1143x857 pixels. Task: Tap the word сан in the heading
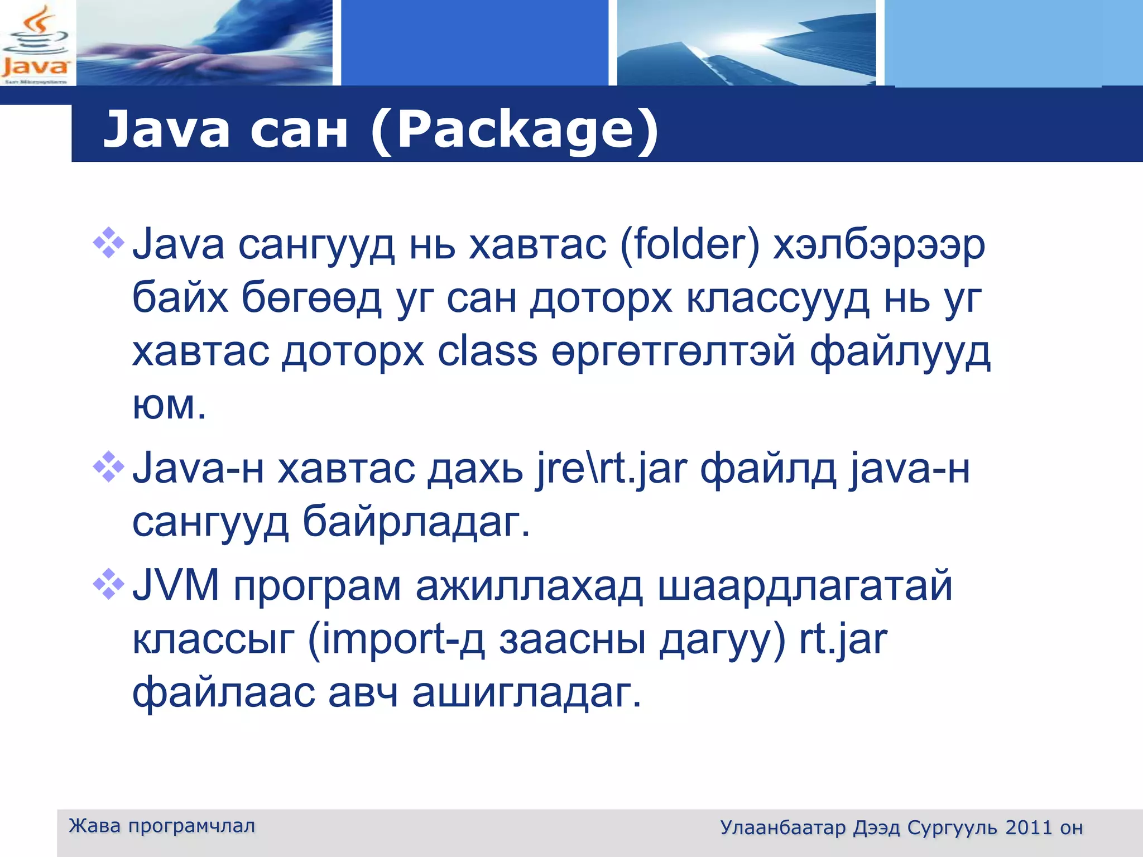tap(299, 129)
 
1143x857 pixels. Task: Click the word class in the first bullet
tap(487, 352)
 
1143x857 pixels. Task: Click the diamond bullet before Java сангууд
tap(108, 243)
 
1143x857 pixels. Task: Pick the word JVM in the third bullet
tap(176, 586)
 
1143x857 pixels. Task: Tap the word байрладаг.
tap(416, 522)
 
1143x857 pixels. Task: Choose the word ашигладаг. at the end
tap(527, 692)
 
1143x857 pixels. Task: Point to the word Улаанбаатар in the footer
tap(782, 827)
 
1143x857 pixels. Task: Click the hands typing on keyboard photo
tap(204, 43)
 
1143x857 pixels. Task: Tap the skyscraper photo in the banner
tap(746, 43)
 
